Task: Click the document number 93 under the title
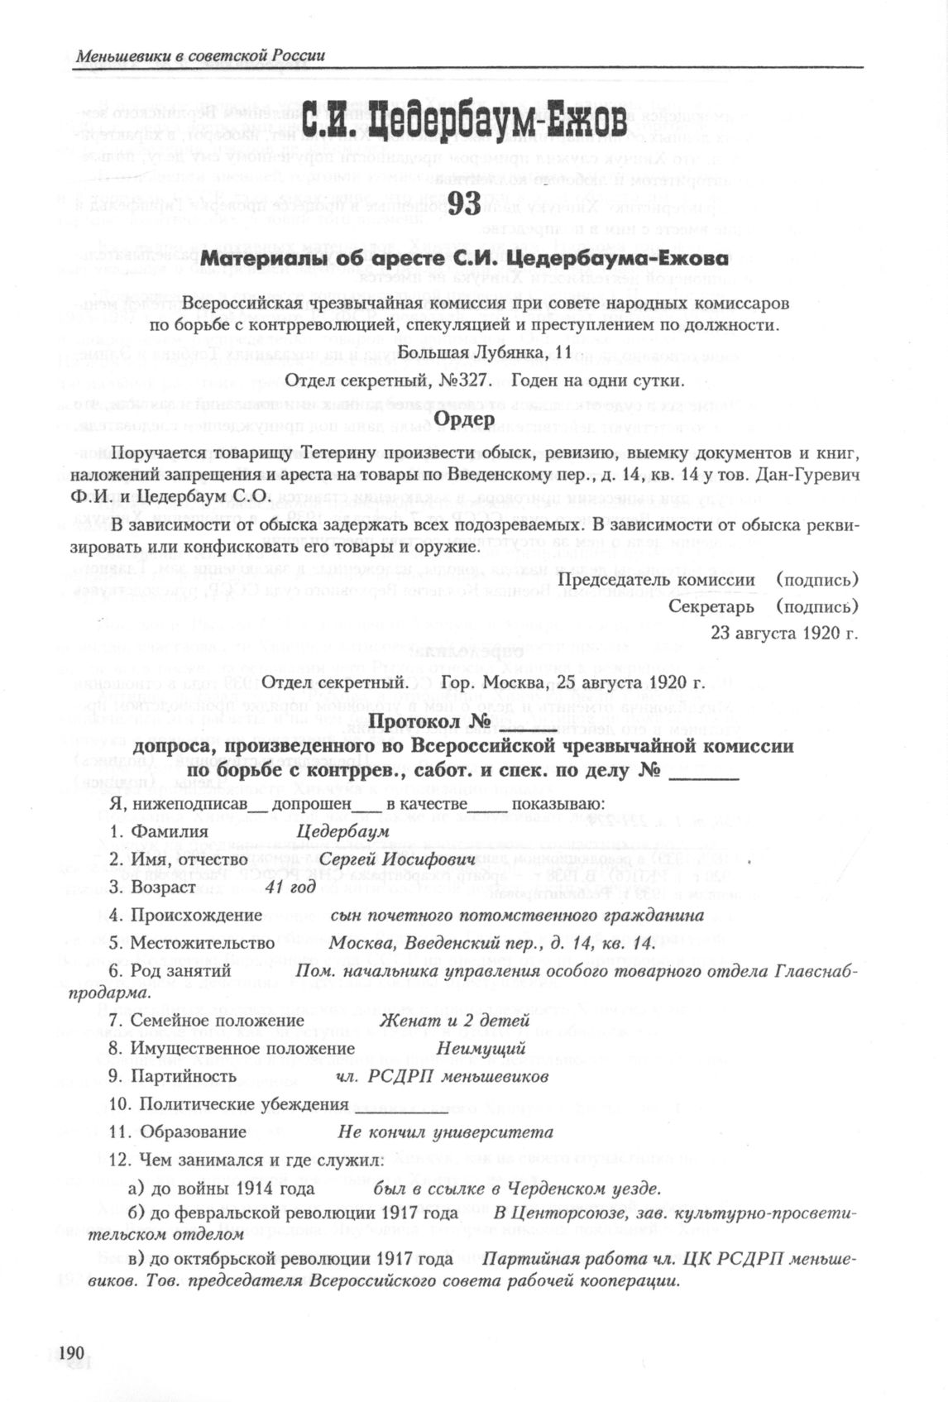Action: pos(464,203)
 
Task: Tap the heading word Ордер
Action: pos(464,419)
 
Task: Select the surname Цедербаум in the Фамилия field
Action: pos(342,831)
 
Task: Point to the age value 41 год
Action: pos(290,887)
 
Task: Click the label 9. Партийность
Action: pos(173,1076)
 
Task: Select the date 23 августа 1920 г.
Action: pos(784,634)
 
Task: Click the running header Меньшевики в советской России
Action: pos(200,56)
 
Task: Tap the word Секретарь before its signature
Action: pos(711,607)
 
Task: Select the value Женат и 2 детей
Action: pos(454,1021)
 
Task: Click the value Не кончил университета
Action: pos(446,1132)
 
